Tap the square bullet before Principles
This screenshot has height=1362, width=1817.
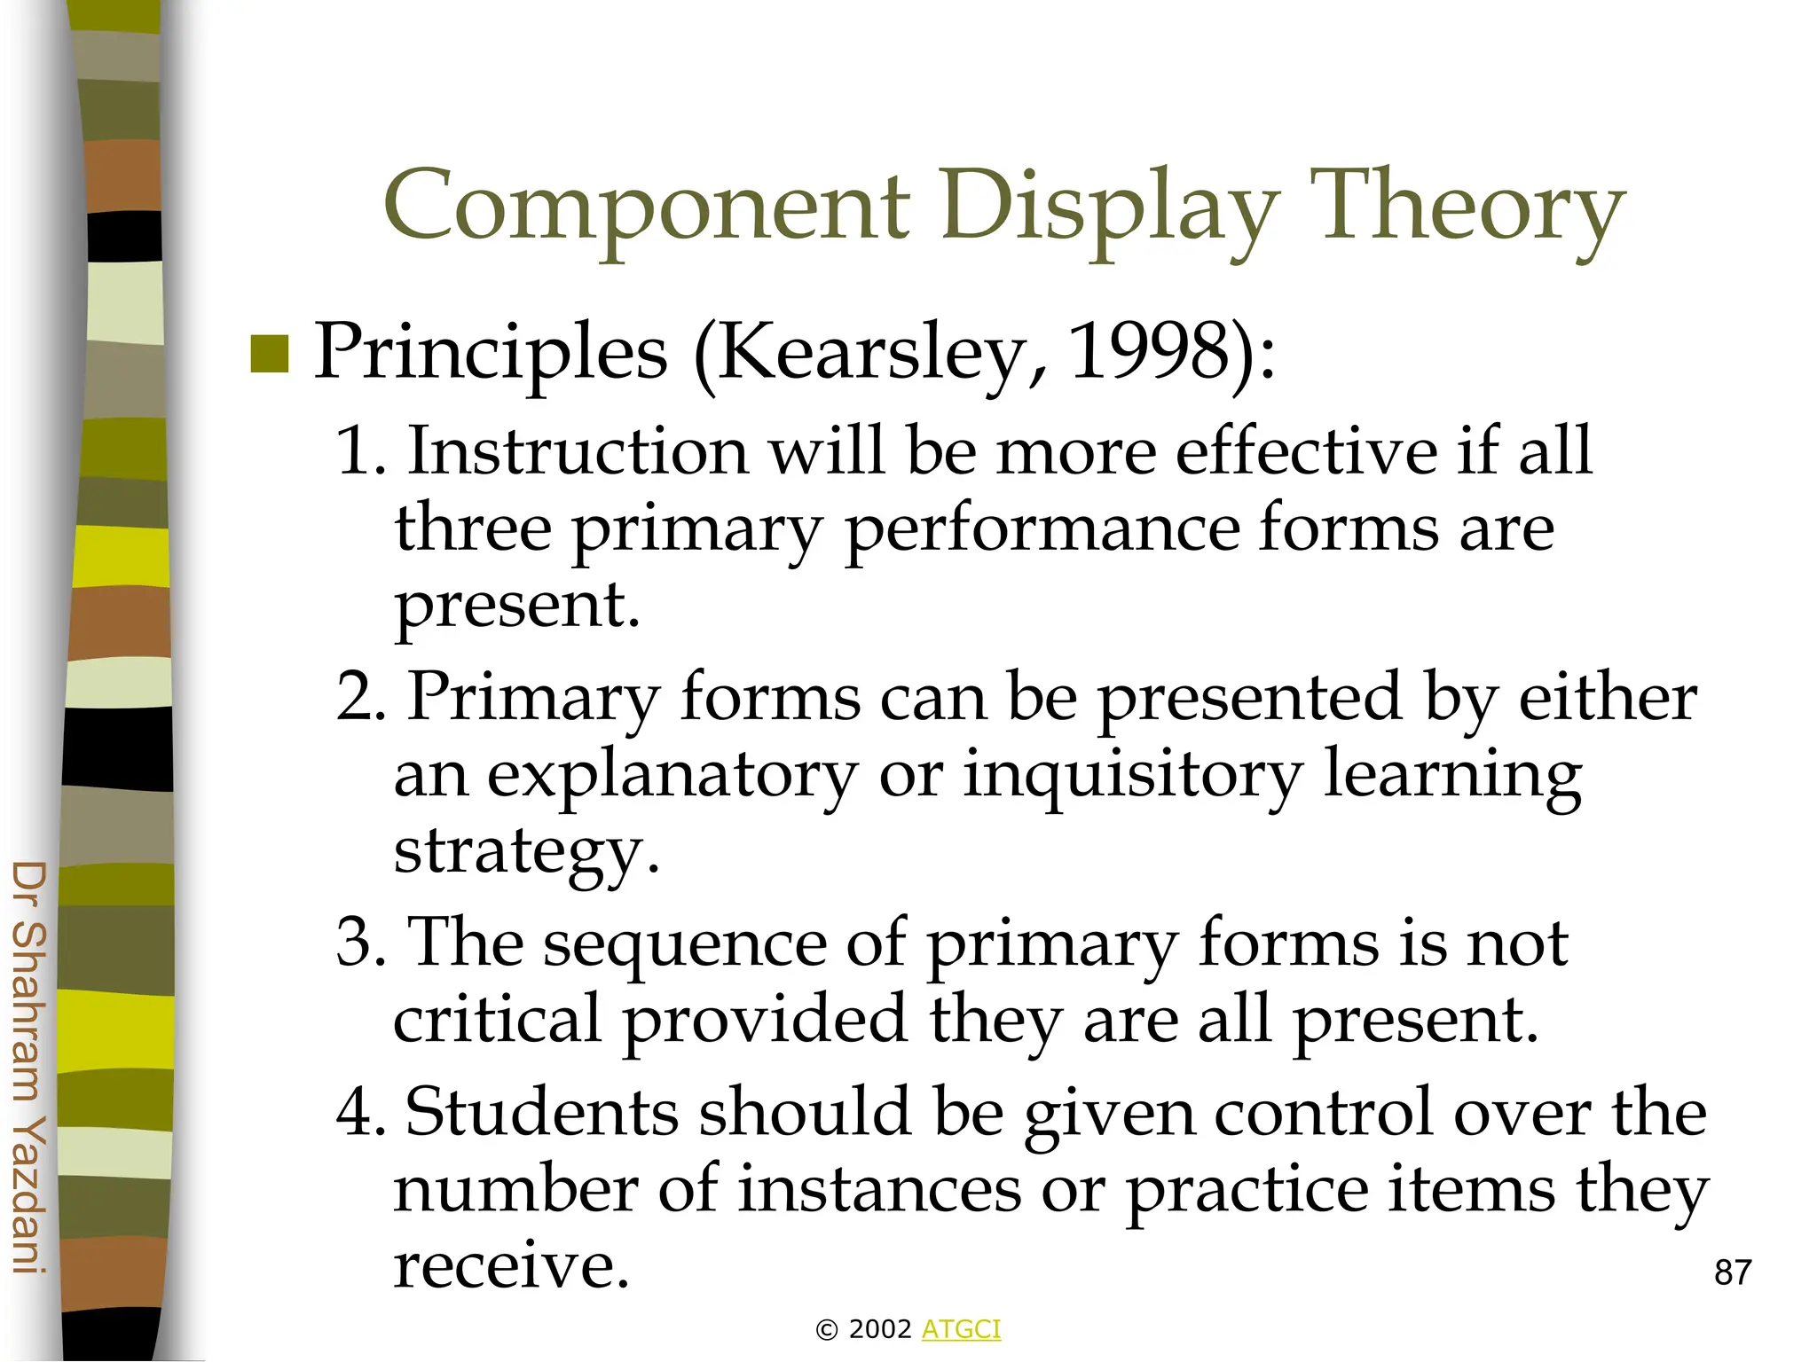(x=270, y=354)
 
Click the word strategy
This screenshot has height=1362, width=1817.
(x=524, y=852)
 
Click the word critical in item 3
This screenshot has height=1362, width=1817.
(x=498, y=1020)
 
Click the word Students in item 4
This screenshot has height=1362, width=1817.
(x=542, y=1112)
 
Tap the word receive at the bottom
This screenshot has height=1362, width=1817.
(x=510, y=1265)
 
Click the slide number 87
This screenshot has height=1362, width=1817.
(x=1732, y=1272)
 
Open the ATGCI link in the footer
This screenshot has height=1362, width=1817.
(x=961, y=1329)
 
